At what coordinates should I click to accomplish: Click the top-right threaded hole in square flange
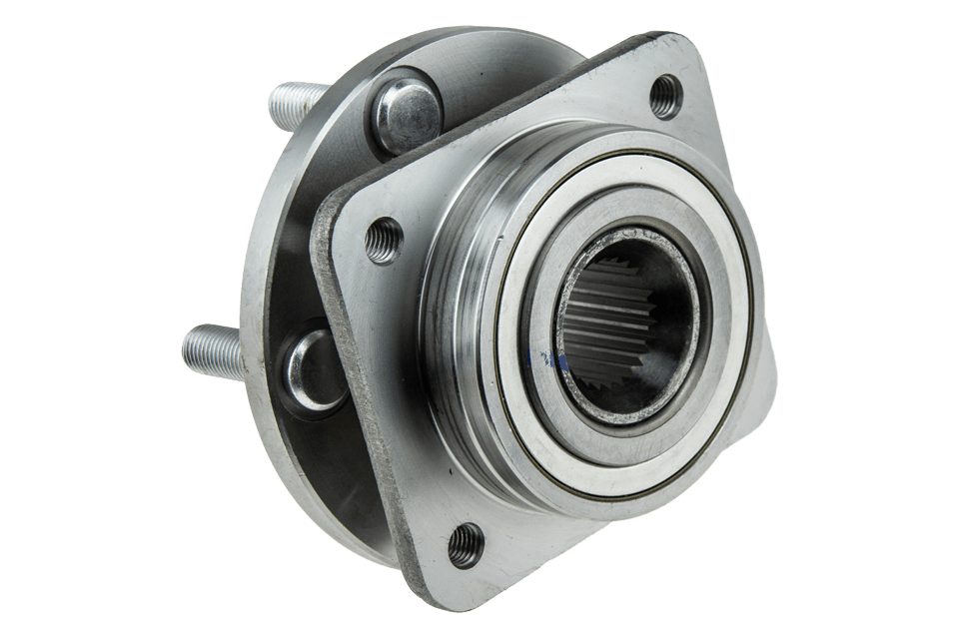pos(665,98)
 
